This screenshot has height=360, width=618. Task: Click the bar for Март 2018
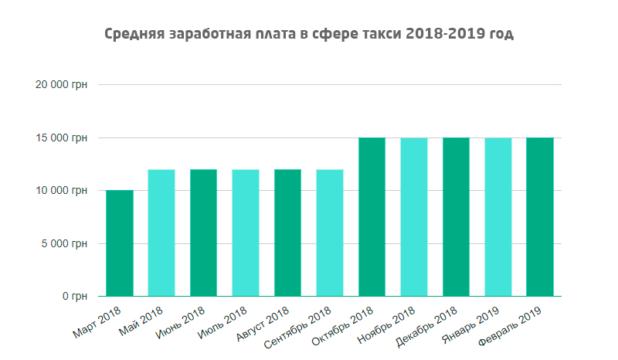120,243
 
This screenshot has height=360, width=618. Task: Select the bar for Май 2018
161,233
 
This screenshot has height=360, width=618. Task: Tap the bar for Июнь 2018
203,233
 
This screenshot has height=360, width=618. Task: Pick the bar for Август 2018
287,233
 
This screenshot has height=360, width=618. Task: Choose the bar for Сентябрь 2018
330,233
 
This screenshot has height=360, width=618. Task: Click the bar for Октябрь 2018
372,217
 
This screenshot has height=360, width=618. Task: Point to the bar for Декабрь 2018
456,217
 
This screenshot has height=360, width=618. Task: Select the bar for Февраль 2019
540,217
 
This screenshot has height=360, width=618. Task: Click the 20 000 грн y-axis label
62,85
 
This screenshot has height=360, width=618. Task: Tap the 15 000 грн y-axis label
62,138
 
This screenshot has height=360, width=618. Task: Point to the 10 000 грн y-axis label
62,190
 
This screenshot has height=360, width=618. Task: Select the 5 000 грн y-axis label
65,243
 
